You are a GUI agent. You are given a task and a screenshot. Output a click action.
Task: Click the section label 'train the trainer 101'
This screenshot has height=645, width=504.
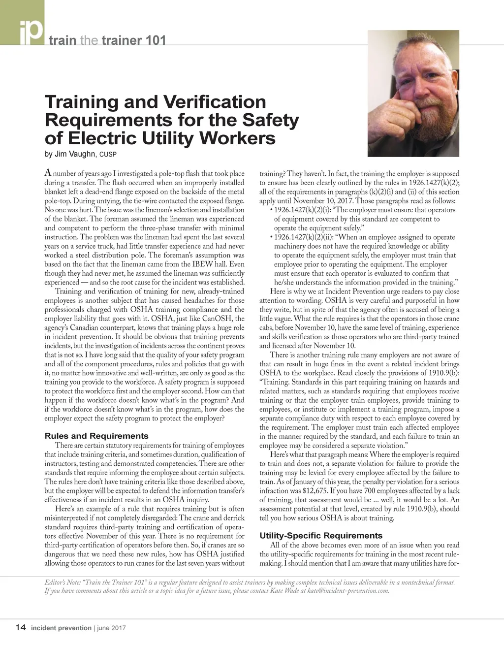pos(106,40)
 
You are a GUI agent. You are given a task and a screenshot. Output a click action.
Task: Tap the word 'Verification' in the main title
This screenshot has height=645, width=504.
pos(213,102)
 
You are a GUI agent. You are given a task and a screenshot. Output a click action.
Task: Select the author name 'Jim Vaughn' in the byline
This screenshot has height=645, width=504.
pos(76,154)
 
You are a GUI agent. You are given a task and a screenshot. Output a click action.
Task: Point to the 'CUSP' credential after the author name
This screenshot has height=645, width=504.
pos(108,155)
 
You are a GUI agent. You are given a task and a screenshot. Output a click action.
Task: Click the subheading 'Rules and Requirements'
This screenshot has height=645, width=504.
pos(96,436)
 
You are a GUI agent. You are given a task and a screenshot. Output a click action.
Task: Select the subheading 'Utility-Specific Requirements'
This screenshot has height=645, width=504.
pos(320,535)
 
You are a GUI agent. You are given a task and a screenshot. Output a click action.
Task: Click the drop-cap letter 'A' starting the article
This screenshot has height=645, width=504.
pos(48,172)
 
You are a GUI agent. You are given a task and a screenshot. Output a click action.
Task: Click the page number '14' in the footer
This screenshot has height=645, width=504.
pos(21,627)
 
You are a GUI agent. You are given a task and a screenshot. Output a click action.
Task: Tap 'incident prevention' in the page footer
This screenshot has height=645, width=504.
pos(61,628)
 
